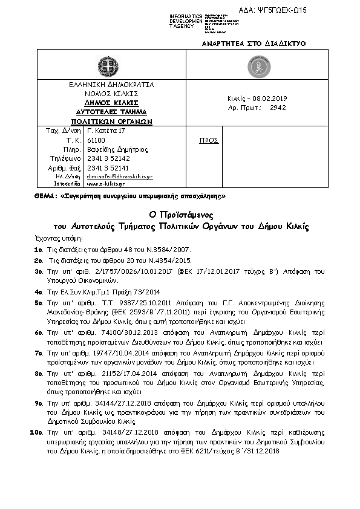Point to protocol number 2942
(278, 108)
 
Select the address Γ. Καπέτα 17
(106, 131)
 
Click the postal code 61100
(97, 140)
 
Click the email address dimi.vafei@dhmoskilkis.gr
(120, 176)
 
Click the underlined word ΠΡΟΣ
(209, 140)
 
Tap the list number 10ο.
(36, 433)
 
